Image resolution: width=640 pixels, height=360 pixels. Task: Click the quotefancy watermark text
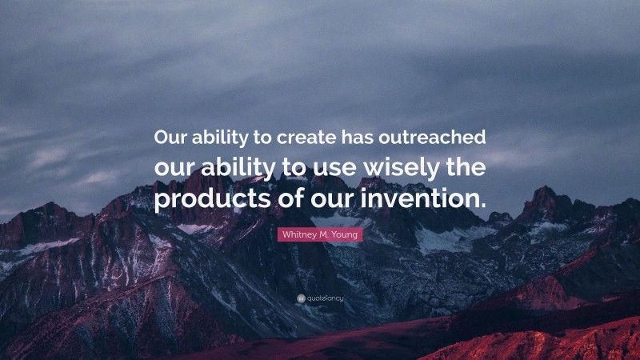tap(325, 299)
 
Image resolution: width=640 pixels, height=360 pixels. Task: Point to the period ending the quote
tap(482, 206)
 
